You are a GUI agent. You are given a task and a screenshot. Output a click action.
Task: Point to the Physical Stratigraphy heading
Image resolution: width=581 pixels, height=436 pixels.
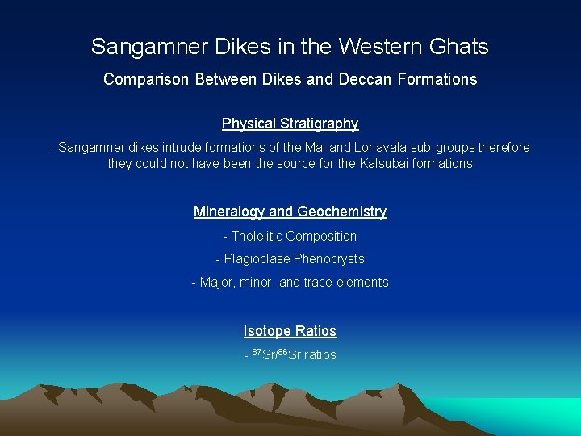click(x=290, y=124)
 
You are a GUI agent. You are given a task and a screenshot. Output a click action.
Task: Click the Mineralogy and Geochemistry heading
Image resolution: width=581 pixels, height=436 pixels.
click(x=290, y=212)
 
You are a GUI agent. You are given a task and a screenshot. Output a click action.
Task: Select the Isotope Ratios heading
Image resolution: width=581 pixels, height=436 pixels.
click(x=290, y=331)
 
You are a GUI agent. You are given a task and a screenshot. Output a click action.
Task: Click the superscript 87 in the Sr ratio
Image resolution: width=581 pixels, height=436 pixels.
click(x=257, y=352)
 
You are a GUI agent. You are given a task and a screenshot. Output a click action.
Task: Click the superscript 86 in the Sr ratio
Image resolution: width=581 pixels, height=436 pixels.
click(x=282, y=352)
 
